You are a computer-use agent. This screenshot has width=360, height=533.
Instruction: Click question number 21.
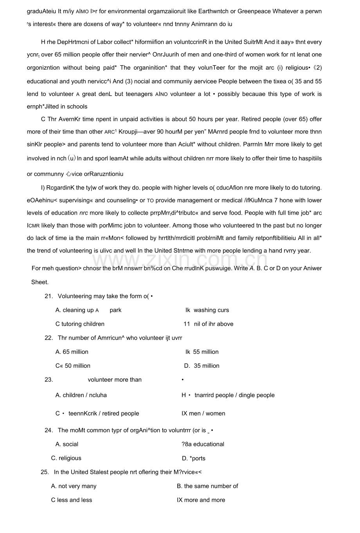(49, 296)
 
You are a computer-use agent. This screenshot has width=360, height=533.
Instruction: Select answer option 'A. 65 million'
(72, 352)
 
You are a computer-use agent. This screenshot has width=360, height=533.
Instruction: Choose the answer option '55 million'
(206, 352)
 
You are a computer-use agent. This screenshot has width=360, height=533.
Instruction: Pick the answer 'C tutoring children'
(80, 324)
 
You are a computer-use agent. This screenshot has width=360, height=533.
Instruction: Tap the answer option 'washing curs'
(211, 310)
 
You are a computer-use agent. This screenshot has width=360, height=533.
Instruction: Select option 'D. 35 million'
(202, 366)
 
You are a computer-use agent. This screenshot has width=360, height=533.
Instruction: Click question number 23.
(49, 379)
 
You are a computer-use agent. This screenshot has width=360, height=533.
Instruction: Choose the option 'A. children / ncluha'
(81, 395)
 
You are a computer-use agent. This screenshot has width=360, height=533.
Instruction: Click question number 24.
(49, 430)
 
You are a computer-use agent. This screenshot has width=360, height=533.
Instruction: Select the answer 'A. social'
(67, 444)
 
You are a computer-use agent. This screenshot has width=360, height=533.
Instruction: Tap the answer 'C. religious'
(66, 458)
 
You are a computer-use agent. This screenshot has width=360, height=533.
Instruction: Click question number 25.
(45, 472)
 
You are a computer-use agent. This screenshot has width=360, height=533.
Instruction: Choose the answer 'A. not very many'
(74, 486)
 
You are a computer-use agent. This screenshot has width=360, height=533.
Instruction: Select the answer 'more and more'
(205, 500)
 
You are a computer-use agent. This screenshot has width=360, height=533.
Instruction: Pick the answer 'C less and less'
(72, 500)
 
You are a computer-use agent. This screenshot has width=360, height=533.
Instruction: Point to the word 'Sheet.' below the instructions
(40, 282)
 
